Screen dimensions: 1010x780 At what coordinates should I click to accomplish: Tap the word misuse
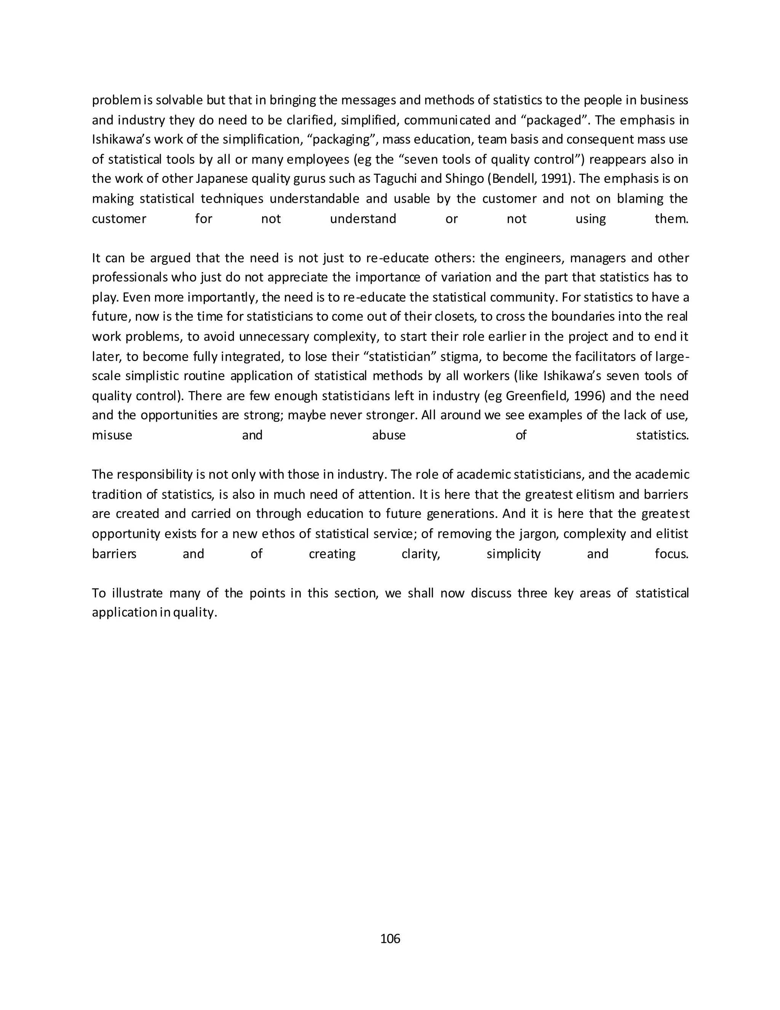pos(112,436)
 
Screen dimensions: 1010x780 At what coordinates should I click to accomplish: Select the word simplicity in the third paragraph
pos(513,554)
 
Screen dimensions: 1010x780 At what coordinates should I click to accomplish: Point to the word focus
pos(671,554)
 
